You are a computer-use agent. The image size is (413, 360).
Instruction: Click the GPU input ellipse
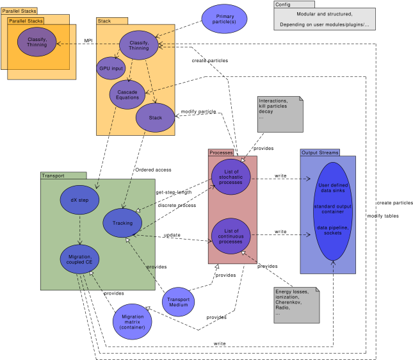(x=111, y=69)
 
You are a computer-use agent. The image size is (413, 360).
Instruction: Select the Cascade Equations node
(x=127, y=94)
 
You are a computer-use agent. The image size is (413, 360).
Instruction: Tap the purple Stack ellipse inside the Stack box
(x=155, y=117)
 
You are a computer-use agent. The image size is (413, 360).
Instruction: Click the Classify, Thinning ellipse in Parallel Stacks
(x=37, y=42)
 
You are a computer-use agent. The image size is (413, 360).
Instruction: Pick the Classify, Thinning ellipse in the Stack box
(x=139, y=45)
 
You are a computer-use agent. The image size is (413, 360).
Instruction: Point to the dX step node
(x=79, y=200)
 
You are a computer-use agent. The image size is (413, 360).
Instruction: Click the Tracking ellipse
(x=122, y=223)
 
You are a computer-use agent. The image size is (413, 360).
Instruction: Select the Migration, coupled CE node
(x=79, y=259)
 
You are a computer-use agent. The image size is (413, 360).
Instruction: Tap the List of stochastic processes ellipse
(x=231, y=177)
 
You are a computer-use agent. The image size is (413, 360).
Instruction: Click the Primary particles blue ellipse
(x=224, y=19)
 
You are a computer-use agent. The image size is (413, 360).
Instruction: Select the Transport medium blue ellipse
(x=178, y=301)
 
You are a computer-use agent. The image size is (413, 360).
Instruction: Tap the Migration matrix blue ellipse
(x=132, y=322)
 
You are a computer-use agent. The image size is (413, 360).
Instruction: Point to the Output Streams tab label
(x=320, y=152)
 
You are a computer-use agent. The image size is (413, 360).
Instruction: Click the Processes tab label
(x=221, y=152)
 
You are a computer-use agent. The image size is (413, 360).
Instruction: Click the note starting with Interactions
(x=279, y=114)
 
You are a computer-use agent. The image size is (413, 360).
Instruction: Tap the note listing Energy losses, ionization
(x=296, y=304)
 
